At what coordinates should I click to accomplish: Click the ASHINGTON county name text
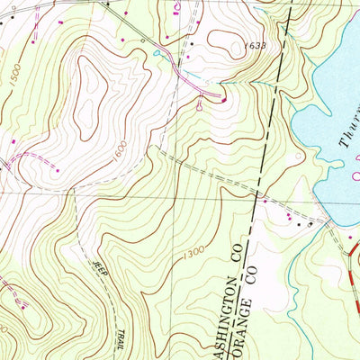pyautogui.click(x=219, y=310)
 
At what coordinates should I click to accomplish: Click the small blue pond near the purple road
pyautogui.click(x=158, y=53)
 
